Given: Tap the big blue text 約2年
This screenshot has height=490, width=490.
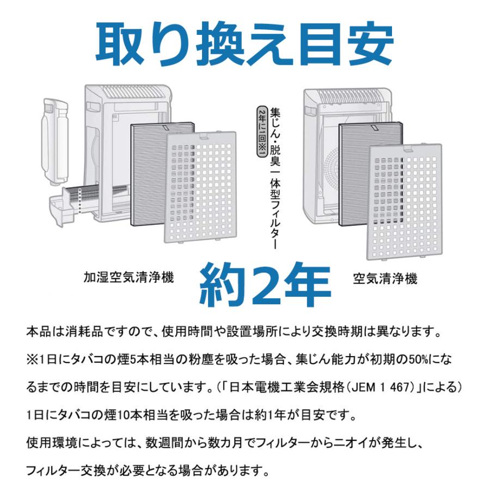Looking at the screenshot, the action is [265, 285].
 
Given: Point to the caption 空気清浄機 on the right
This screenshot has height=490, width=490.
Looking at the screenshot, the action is [385, 279].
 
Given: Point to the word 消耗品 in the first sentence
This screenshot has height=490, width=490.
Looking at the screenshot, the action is [91, 331].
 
